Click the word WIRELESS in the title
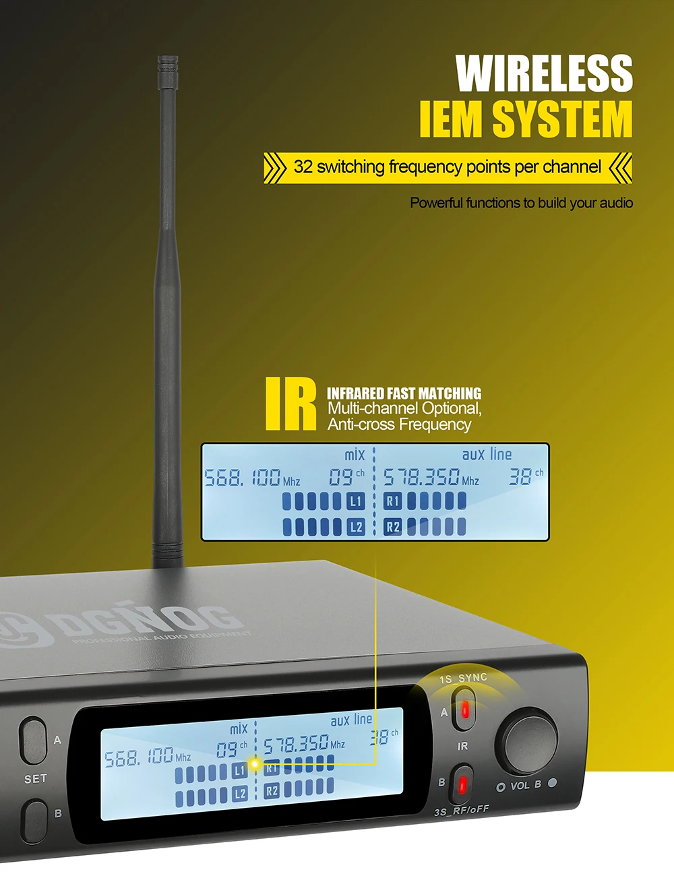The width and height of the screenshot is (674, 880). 544,73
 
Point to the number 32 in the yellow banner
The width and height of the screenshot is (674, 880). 303,167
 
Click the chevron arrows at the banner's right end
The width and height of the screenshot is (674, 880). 620,167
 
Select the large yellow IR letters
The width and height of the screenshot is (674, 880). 290,404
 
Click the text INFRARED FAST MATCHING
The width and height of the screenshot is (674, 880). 404,393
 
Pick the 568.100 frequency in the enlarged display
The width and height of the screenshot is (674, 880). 243,478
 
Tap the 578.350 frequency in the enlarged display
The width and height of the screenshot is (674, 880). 421,477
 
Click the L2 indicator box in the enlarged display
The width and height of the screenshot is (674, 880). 356,527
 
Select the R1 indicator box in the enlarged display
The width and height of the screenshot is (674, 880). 392,501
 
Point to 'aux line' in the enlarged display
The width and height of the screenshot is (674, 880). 487,454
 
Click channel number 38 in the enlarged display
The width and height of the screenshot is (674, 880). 520,476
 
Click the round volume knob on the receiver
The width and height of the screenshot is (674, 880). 526,741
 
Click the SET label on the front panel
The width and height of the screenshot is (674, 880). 35,779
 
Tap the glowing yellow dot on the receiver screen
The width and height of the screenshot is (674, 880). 255,764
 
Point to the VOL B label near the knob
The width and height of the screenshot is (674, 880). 526,786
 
